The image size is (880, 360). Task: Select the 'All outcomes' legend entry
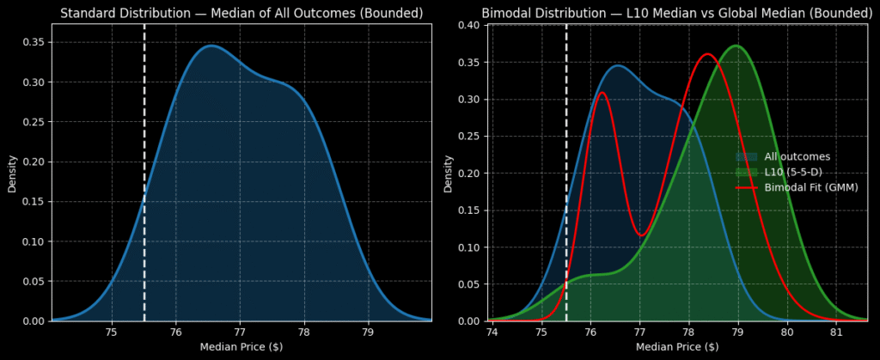pyautogui.click(x=797, y=156)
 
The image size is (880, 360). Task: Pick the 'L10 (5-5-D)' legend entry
pyautogui.click(x=797, y=172)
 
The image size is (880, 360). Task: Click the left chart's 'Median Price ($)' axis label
pyautogui.click(x=241, y=347)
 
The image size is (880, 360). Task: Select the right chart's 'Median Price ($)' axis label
pyautogui.click(x=677, y=347)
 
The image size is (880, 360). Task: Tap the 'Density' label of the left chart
pyautogui.click(x=13, y=173)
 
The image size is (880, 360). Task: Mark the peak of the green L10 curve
pyautogui.click(x=736, y=46)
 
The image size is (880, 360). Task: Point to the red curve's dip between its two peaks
pyautogui.click(x=640, y=235)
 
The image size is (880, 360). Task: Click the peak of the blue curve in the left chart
pyautogui.click(x=211, y=46)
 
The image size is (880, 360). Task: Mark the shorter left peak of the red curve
pyautogui.click(x=602, y=93)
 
